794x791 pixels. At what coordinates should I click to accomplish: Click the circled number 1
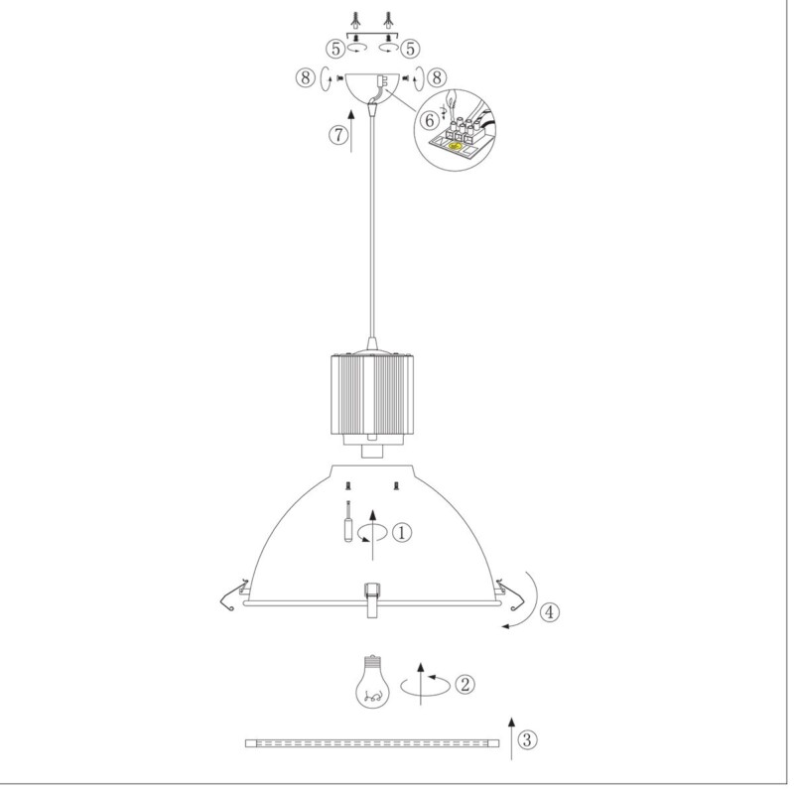point(403,532)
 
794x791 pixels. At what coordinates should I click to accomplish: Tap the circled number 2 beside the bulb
point(464,684)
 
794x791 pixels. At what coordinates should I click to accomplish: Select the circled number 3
point(527,739)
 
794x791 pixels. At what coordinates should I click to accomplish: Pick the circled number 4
point(550,611)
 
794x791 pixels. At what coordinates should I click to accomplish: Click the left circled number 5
point(335,49)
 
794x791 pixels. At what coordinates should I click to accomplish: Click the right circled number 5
point(410,49)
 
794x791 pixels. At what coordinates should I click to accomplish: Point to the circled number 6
point(430,120)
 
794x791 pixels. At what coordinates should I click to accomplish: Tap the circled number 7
point(339,135)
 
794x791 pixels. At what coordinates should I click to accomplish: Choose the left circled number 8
point(306,78)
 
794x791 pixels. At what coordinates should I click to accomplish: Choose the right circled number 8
point(437,78)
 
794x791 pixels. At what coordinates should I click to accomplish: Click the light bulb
point(373,681)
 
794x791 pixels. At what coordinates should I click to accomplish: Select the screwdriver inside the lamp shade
point(348,521)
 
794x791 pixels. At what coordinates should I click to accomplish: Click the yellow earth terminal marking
point(455,147)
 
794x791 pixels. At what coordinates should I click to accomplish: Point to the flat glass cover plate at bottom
point(372,743)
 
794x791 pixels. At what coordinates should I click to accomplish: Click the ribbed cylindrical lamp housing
point(372,394)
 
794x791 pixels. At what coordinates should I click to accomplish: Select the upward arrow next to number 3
point(511,738)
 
